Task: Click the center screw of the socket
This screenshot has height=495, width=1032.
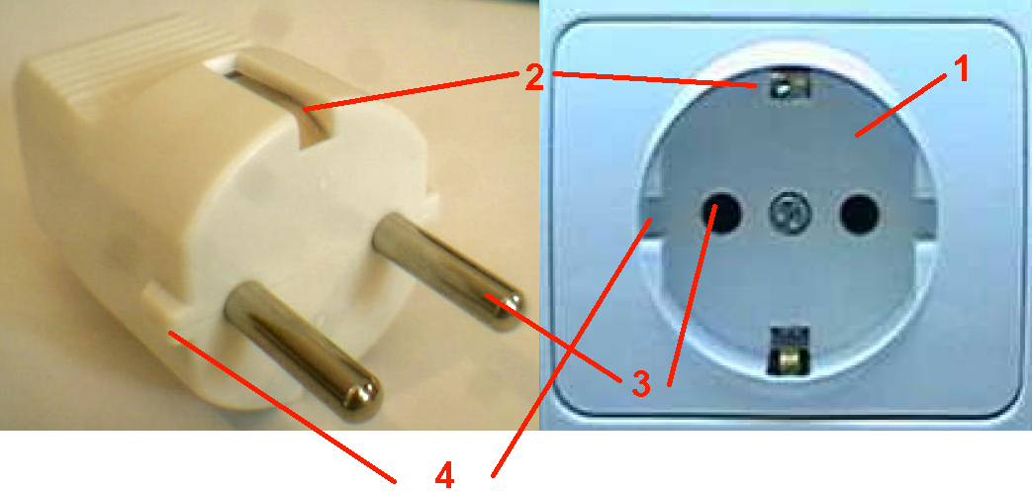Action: [788, 213]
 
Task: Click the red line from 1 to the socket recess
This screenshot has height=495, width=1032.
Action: [901, 104]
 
